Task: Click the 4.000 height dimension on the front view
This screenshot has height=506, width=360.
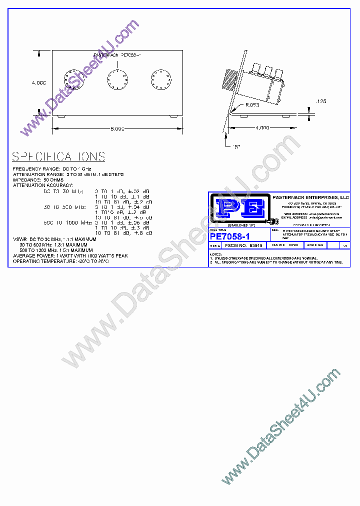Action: tap(38, 82)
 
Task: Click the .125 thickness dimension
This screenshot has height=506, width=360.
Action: tap(320, 101)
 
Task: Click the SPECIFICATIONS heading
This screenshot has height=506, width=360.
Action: tap(58, 156)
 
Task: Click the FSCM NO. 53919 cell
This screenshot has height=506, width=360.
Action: tap(244, 246)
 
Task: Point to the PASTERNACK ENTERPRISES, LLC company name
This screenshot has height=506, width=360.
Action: tap(310, 197)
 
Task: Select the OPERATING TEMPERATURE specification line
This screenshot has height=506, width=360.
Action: tap(60, 261)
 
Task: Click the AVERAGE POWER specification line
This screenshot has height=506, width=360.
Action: tap(70, 255)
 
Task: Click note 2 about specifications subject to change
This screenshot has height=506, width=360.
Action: tap(276, 262)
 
